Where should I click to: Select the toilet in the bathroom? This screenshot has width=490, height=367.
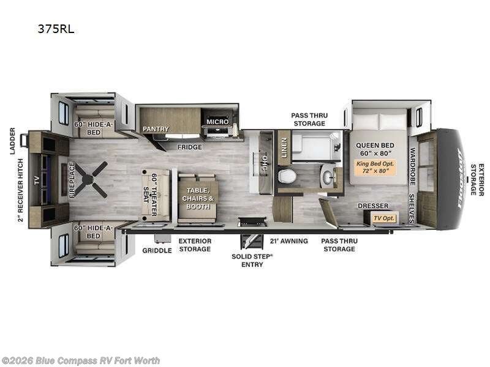[x=287, y=177]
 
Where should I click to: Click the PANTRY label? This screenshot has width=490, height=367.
[x=156, y=129]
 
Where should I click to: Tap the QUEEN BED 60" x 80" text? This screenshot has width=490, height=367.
[x=378, y=149]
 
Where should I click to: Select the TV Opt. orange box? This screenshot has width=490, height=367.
[x=386, y=217]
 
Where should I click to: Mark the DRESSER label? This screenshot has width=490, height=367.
[x=373, y=206]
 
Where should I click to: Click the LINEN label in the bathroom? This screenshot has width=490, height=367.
[x=284, y=146]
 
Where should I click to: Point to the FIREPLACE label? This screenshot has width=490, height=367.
[x=72, y=179]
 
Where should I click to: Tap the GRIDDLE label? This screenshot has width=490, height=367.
[x=157, y=250]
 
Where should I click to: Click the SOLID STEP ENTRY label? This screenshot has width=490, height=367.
[x=252, y=260]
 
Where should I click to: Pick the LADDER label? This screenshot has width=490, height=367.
[x=12, y=141]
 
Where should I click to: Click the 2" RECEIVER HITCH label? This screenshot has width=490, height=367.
[x=20, y=190]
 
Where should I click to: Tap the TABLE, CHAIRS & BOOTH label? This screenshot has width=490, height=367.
[x=198, y=198]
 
